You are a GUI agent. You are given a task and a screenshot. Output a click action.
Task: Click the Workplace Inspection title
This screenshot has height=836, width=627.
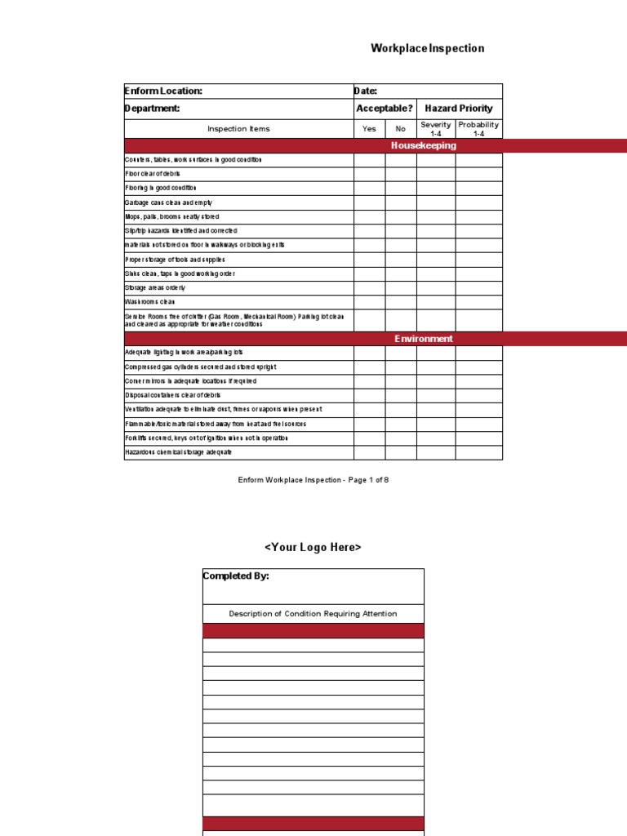click(x=427, y=48)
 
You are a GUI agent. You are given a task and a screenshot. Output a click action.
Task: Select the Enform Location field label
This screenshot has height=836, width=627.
click(x=162, y=91)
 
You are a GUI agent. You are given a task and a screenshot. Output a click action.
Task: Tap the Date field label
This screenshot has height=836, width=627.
click(x=365, y=91)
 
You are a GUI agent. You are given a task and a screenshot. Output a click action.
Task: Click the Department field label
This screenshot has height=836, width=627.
click(x=152, y=109)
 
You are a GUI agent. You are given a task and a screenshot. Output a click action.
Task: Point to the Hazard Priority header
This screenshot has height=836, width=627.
click(x=459, y=109)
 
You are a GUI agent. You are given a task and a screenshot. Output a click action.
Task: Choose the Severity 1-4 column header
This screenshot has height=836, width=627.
click(x=435, y=129)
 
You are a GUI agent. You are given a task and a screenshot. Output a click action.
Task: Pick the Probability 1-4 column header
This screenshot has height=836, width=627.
click(x=478, y=129)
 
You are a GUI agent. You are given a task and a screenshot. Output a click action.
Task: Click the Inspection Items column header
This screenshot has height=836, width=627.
click(x=238, y=129)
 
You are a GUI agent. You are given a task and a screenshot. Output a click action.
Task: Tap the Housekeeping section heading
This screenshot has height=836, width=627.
click(x=424, y=146)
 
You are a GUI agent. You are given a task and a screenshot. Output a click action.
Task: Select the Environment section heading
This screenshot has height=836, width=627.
click(x=424, y=339)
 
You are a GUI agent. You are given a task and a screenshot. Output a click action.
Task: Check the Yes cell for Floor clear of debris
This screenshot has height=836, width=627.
click(x=369, y=174)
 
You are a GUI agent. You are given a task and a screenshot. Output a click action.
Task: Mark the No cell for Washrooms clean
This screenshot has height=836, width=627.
click(x=401, y=302)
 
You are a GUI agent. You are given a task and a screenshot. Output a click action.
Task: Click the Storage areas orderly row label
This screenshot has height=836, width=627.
click(x=155, y=288)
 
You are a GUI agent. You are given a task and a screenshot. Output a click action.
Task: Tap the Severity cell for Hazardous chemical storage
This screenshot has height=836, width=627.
click(x=436, y=452)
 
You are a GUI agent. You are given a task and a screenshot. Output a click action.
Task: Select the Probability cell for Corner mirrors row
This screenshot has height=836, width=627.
click(x=478, y=381)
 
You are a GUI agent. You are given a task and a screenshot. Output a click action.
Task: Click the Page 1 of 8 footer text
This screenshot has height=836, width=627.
click(x=313, y=480)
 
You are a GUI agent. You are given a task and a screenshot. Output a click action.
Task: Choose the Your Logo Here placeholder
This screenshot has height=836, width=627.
click(x=313, y=547)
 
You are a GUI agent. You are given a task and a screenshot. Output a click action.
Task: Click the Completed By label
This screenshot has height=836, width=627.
click(x=236, y=576)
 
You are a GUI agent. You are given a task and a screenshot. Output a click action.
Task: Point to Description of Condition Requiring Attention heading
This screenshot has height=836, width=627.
click(x=313, y=614)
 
